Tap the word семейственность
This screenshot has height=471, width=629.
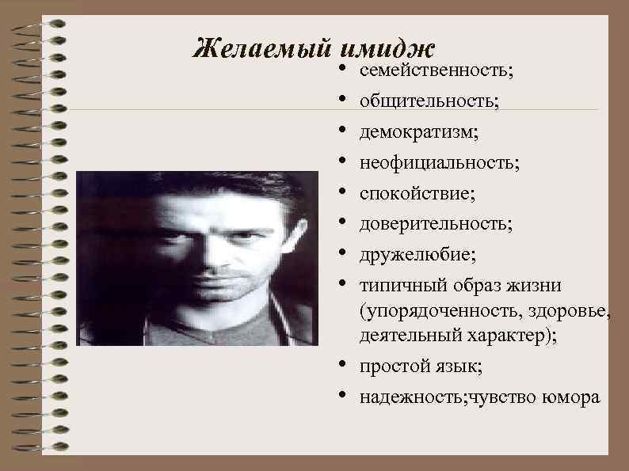click(x=436, y=72)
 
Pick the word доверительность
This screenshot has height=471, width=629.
click(x=435, y=225)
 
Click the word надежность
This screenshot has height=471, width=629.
click(x=404, y=397)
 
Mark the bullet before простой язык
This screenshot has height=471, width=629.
click(x=341, y=366)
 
